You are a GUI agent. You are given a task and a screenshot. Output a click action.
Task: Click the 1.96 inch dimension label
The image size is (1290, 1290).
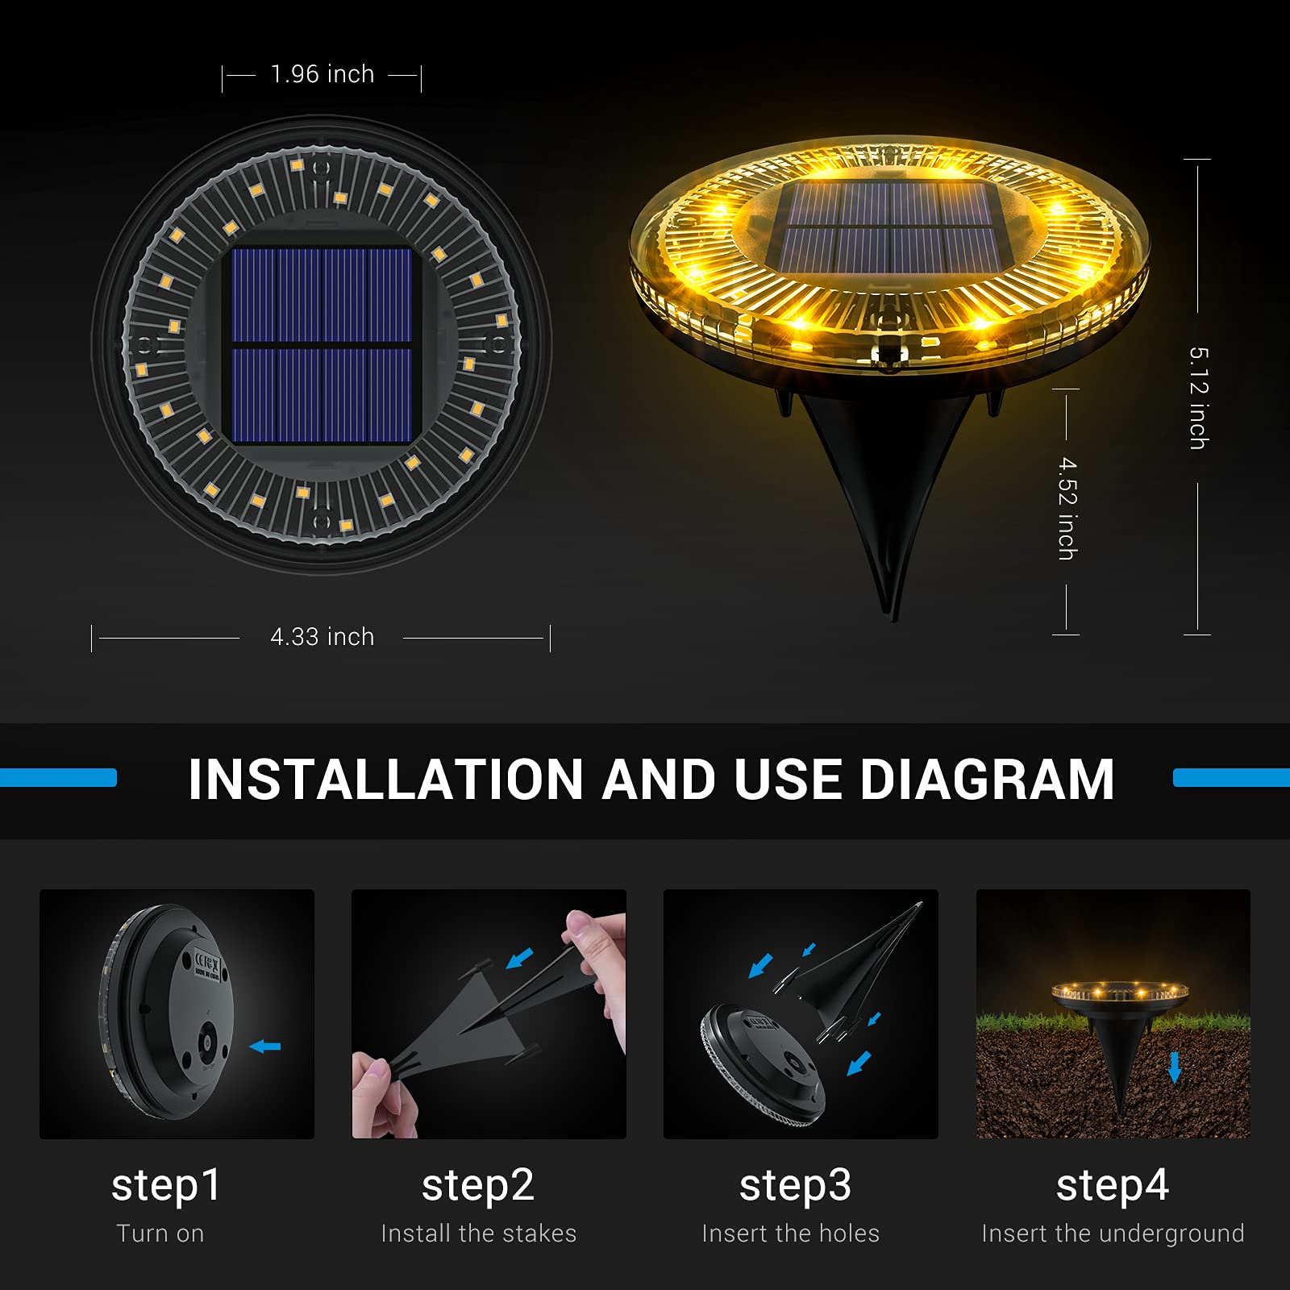[322, 74]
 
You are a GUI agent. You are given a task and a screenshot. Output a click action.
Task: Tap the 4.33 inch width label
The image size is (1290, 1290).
[322, 637]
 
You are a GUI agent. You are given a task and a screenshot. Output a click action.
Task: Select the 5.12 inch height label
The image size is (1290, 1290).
[1198, 398]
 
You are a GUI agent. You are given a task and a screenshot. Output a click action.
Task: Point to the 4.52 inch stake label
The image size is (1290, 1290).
[1067, 509]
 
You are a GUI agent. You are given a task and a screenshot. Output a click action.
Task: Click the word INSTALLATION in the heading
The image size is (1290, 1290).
[385, 780]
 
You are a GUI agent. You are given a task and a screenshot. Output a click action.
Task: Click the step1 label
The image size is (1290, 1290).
[166, 1185]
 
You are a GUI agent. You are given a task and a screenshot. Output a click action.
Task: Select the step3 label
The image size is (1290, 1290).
[795, 1185]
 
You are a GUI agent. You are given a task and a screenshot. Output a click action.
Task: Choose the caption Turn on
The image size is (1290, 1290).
[160, 1234]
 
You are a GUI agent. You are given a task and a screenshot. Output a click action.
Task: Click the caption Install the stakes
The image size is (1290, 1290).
[478, 1234]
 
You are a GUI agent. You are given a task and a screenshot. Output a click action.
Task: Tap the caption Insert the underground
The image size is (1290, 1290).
[1113, 1234]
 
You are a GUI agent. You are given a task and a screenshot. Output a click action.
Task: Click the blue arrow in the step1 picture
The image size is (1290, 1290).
[265, 1047]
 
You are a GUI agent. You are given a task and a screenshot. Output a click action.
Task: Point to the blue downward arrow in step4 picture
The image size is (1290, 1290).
[1175, 1067]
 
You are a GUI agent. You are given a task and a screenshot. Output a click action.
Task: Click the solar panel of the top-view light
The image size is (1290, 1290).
[322, 346]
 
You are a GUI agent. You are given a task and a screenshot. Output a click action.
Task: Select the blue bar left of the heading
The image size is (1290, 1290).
[58, 778]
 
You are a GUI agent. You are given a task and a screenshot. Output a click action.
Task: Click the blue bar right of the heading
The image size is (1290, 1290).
[1231, 778]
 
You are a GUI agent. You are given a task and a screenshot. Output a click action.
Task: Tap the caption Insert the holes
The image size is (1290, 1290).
[790, 1234]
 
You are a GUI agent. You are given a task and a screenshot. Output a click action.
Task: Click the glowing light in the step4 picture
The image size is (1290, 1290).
[1120, 992]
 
